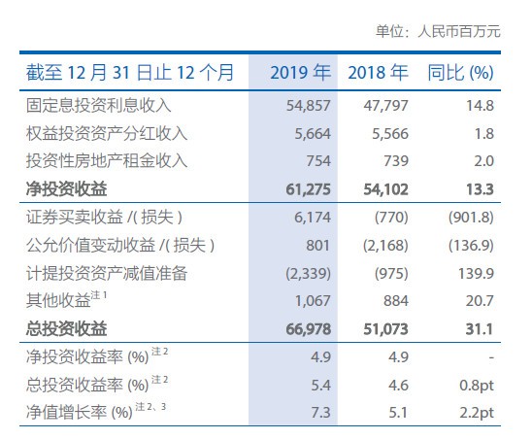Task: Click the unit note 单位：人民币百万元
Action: click(438, 32)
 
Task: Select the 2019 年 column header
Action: click(301, 73)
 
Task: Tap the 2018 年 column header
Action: click(378, 73)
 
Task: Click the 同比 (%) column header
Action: click(460, 73)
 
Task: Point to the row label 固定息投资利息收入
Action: click(98, 105)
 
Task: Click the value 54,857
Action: click(308, 106)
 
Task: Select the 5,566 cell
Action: click(390, 134)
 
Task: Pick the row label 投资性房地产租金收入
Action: click(107, 161)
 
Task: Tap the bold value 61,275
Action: click(308, 189)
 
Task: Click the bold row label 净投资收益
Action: click(66, 189)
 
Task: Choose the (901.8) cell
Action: click(471, 218)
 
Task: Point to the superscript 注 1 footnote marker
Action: click(99, 295)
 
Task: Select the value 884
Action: click(396, 301)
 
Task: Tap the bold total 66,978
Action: click(308, 329)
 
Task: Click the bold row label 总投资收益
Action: click(66, 329)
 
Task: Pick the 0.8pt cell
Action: click(477, 386)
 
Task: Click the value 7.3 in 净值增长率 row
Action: click(320, 413)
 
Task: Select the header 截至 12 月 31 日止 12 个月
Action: click(130, 73)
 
